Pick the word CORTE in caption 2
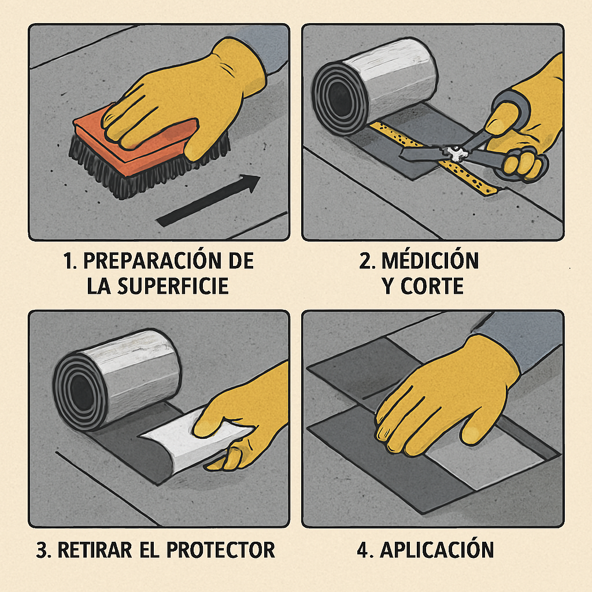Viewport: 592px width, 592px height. coord(431,286)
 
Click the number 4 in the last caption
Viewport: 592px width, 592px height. coord(362,550)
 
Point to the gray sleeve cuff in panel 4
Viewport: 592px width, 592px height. coord(520,335)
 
